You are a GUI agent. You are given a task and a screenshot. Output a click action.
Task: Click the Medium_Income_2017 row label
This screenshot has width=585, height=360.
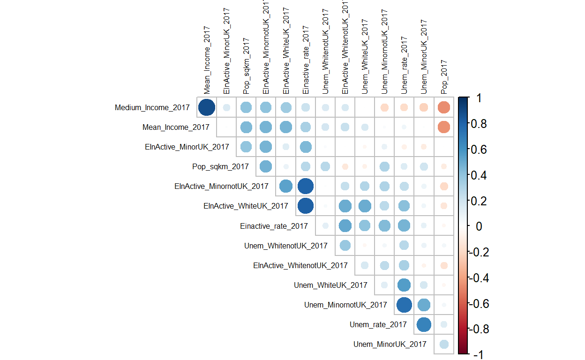(x=152, y=108)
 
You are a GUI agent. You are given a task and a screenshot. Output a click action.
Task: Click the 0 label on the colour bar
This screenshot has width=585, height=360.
(x=479, y=226)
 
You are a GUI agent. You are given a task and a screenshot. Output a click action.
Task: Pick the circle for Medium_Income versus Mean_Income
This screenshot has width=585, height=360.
(x=207, y=107)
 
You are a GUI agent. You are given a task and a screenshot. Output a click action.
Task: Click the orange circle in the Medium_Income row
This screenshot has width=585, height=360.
(x=443, y=107)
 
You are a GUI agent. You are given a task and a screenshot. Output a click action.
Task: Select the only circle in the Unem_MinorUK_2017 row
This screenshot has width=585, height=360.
(x=443, y=344)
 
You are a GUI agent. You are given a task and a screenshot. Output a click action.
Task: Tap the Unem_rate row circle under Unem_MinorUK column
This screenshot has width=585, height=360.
(x=424, y=324)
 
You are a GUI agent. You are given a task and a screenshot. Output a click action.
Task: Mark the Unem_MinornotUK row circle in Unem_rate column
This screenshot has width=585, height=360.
(x=404, y=305)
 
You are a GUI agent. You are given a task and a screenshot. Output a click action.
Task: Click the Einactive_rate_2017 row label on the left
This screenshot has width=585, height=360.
(x=274, y=226)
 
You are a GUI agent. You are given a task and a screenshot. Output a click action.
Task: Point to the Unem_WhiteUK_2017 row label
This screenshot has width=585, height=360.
(x=330, y=285)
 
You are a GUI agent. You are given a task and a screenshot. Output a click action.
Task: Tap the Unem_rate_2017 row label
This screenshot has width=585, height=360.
(x=378, y=324)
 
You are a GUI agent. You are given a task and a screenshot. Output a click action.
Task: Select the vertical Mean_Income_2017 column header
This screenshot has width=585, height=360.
(x=207, y=59)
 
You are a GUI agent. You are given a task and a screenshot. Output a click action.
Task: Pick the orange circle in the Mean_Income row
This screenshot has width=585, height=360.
(x=443, y=127)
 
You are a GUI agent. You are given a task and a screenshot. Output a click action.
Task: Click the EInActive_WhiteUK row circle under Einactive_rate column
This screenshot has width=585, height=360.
(x=305, y=206)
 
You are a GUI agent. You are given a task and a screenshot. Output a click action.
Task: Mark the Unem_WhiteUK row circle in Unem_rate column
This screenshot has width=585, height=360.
(x=404, y=285)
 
